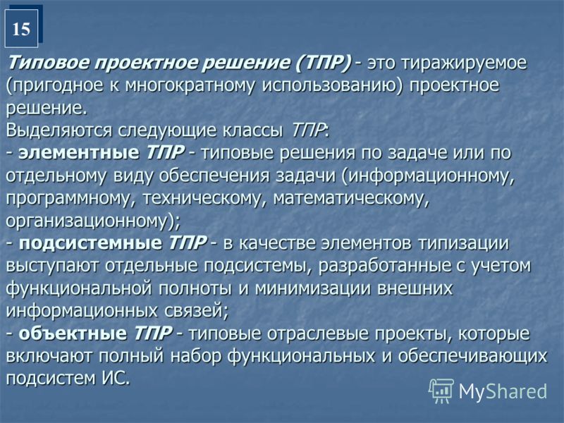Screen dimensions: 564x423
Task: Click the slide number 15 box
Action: [22, 28]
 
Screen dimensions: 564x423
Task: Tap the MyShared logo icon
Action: [441, 391]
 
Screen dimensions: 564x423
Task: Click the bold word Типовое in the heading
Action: [48, 63]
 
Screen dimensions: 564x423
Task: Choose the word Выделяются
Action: [59, 131]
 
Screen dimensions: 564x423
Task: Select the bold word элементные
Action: [79, 153]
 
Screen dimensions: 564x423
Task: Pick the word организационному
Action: [87, 221]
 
